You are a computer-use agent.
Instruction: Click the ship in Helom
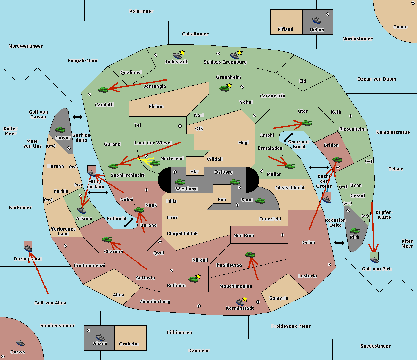tap(317, 20)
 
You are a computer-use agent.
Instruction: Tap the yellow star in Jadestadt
tap(182, 53)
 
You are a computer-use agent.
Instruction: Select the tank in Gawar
tap(60, 129)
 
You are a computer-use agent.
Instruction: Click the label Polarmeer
tap(141, 11)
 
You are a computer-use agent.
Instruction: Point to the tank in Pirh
tap(355, 231)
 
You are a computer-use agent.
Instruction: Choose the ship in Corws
tap(20, 343)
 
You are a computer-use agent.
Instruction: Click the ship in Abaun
tap(100, 337)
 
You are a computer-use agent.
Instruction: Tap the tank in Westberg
tap(180, 182)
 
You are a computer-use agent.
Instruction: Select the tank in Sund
tap(260, 201)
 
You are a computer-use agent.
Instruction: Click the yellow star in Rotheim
tap(198, 276)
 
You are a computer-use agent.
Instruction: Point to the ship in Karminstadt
tap(240, 302)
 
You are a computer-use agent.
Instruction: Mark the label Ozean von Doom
tap(377, 79)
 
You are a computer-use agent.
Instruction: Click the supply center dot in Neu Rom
tap(283, 235)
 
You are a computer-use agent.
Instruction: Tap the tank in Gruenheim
tap(224, 88)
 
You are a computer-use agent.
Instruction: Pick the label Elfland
tap(285, 30)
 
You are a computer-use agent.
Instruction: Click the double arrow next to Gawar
tap(77, 117)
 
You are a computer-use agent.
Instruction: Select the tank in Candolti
tap(103, 90)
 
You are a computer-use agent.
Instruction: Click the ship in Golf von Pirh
tap(375, 259)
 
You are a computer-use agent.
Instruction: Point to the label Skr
tap(195, 171)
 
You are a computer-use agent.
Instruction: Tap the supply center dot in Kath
tap(350, 116)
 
